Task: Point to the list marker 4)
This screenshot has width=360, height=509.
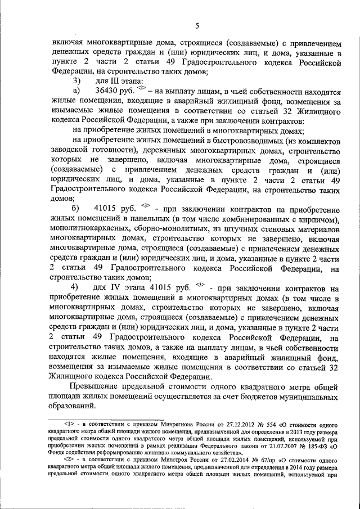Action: coord(74,289)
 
